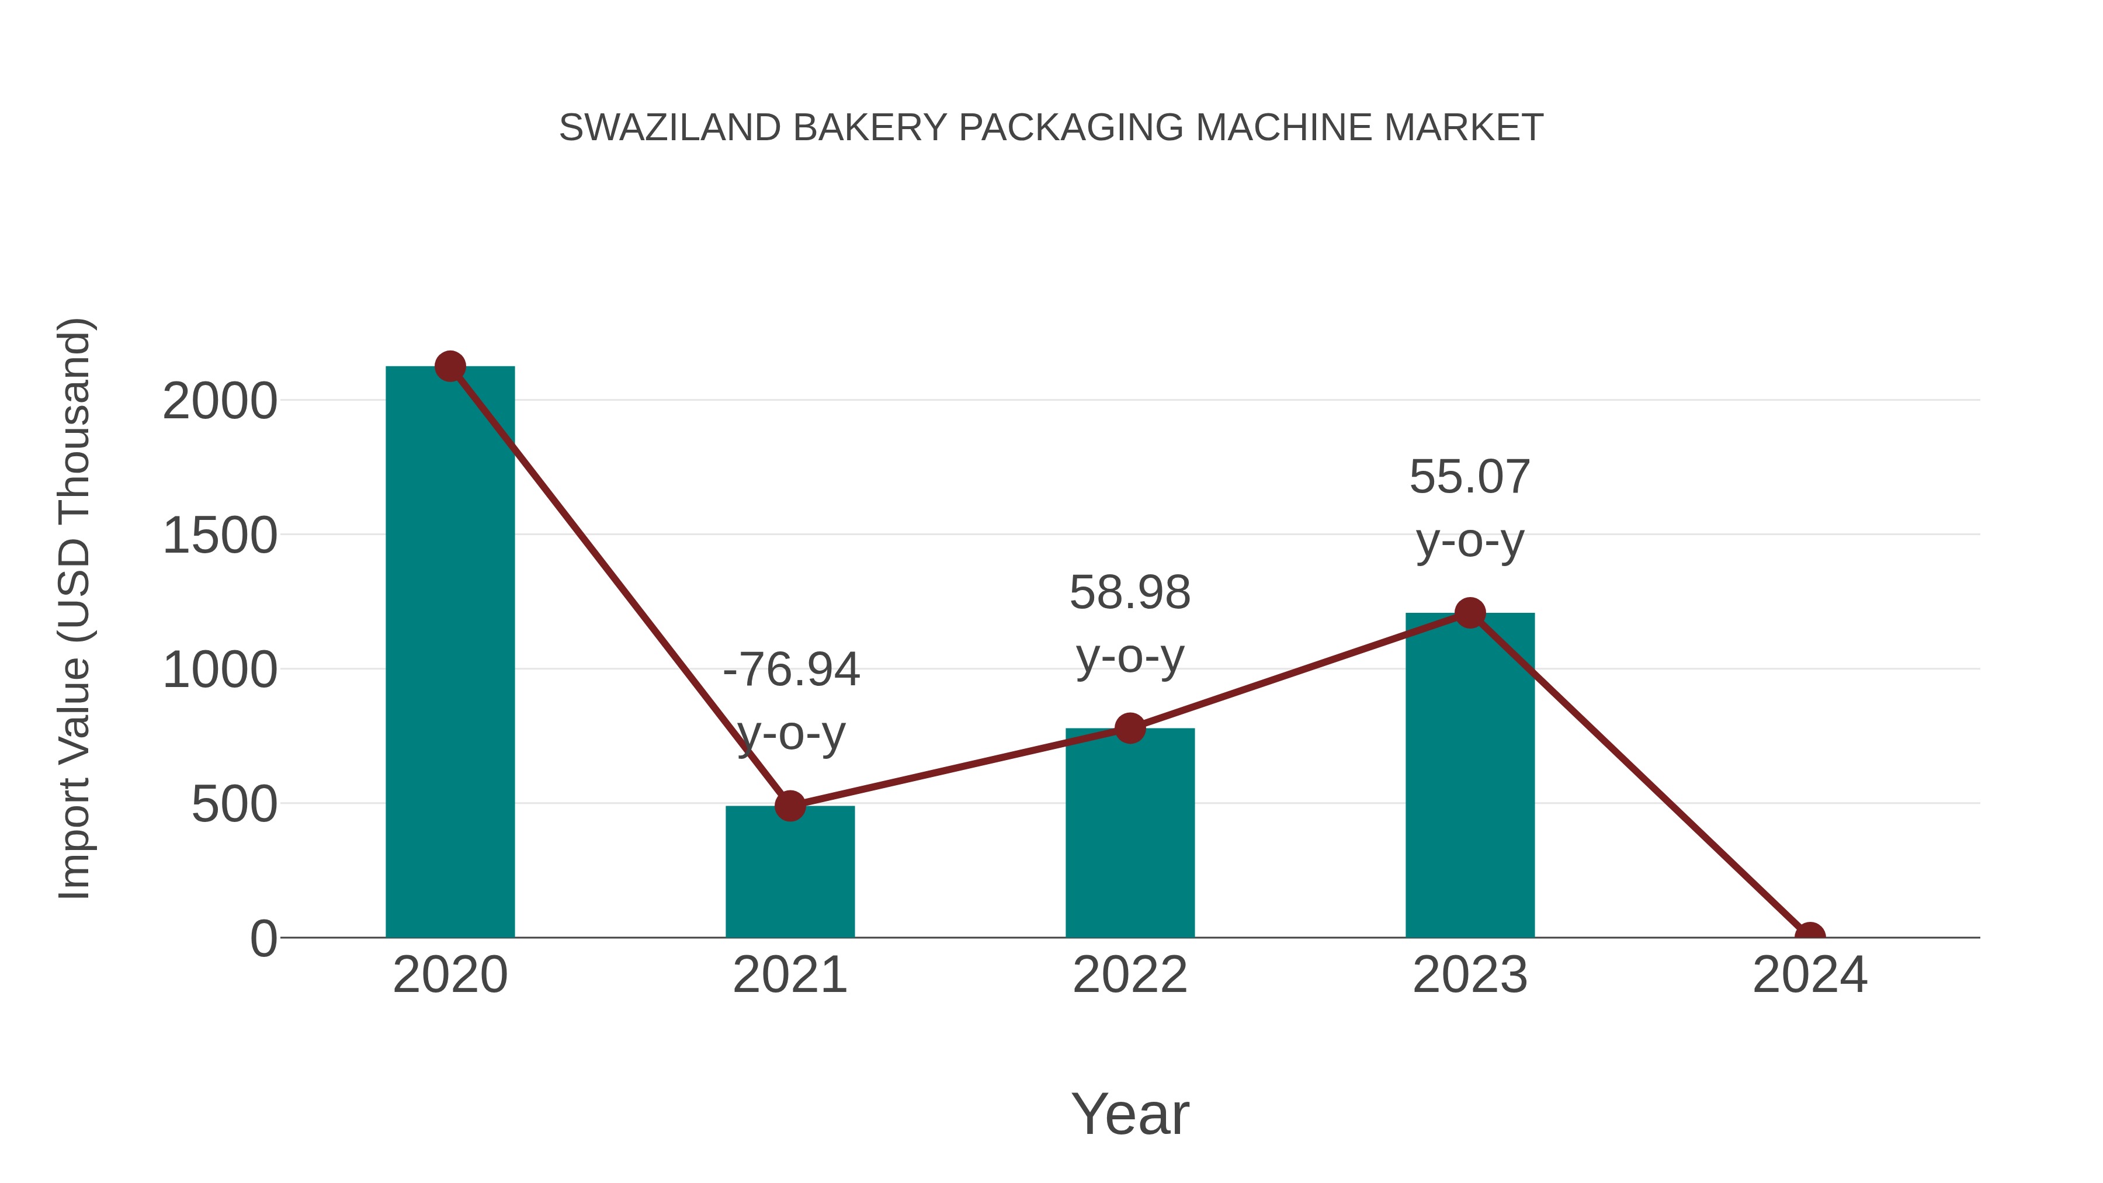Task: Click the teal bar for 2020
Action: tap(450, 653)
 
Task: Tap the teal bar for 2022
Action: tap(1130, 832)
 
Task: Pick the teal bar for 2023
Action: tap(1470, 776)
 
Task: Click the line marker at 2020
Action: tap(450, 366)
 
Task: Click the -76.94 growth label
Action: tap(790, 670)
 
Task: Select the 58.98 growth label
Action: tap(1130, 593)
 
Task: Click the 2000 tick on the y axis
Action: tap(220, 402)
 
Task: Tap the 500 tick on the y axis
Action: tap(234, 805)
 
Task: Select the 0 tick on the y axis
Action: tap(263, 939)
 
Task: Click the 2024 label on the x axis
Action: tap(1809, 976)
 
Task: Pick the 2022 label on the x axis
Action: tap(1130, 976)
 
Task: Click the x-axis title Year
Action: tap(1130, 1113)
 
